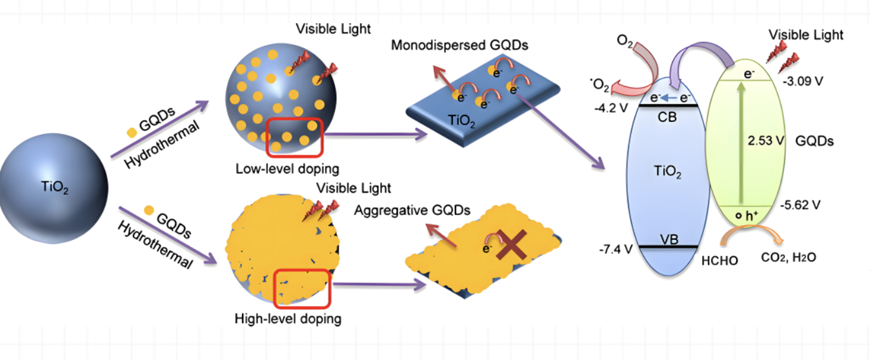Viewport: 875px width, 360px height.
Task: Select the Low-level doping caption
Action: click(287, 169)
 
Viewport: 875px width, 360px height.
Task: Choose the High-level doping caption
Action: click(288, 318)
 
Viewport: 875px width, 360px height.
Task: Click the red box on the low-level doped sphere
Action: click(295, 137)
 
